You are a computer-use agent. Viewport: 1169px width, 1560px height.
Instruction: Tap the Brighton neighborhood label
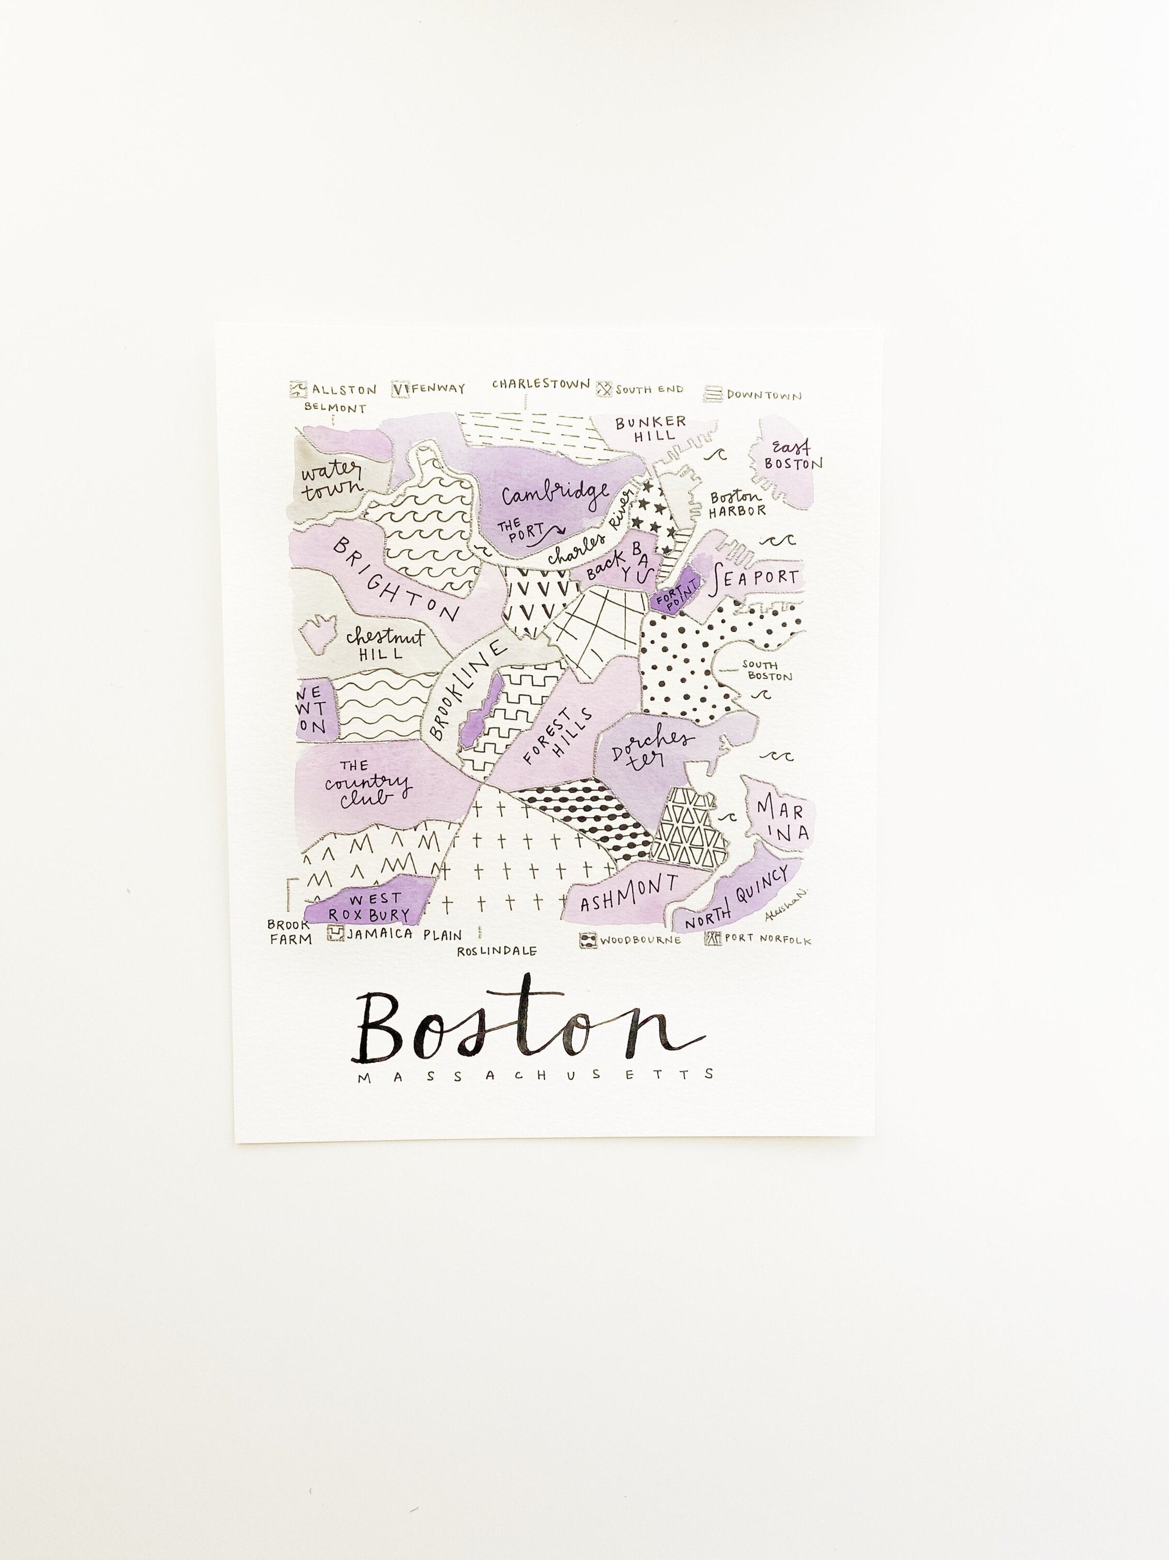point(396,578)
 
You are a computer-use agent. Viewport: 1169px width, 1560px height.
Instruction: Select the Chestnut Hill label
point(384,644)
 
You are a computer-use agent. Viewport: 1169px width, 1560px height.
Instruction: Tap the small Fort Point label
point(676,591)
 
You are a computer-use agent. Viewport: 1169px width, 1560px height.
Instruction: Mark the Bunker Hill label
point(650,429)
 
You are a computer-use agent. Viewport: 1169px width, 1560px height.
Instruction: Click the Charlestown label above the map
point(540,384)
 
